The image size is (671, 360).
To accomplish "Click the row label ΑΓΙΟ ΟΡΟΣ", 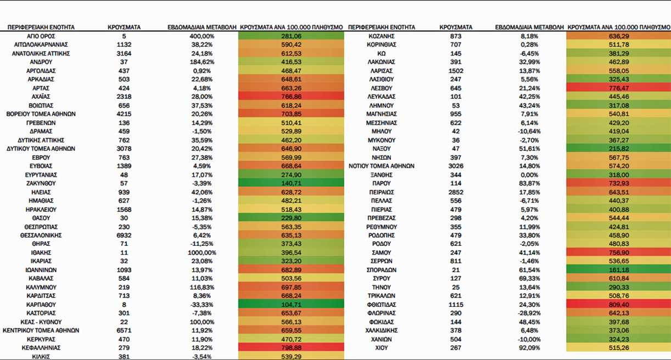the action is (x=41, y=36).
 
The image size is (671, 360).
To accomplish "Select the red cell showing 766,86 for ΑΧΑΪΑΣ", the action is (x=291, y=97).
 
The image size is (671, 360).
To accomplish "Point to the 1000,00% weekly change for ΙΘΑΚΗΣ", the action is (x=202, y=253).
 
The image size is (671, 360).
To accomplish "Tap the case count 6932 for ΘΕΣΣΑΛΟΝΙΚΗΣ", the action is (x=124, y=235).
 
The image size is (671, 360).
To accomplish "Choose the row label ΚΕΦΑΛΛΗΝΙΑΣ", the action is (x=41, y=348).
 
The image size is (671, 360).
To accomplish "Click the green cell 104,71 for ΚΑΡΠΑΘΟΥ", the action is (x=291, y=305).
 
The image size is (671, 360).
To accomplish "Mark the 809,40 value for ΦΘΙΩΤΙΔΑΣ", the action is (x=619, y=305).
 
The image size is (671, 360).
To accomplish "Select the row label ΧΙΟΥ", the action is (x=381, y=348).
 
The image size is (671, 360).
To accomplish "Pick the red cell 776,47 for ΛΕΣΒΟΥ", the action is (x=619, y=88).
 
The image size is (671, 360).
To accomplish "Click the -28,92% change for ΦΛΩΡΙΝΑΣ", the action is (x=529, y=313).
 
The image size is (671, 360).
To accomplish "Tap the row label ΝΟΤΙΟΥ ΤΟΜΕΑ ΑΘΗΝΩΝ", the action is (x=381, y=166).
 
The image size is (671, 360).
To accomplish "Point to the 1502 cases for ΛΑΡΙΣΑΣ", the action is (x=456, y=71).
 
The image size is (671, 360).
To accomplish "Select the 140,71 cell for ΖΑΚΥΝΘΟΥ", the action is (x=291, y=183).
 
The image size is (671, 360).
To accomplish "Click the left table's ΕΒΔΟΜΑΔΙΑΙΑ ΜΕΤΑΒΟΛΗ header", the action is (x=202, y=27).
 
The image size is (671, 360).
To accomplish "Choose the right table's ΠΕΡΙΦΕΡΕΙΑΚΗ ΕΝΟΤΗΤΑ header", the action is (x=381, y=27).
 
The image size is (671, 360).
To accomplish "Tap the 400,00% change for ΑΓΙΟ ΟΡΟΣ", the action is (x=202, y=36).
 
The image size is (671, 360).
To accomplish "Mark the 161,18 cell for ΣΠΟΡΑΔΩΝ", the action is (x=619, y=270).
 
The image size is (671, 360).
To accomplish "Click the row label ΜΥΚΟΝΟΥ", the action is (x=381, y=140).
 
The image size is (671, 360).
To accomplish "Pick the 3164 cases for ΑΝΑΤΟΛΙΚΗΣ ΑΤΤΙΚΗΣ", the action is (x=124, y=54).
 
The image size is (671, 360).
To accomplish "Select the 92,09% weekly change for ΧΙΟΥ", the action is (x=529, y=348).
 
